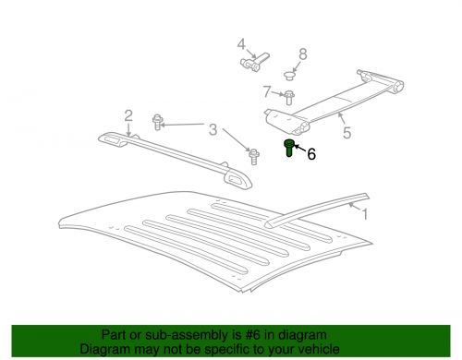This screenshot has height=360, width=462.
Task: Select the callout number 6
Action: pos(311,155)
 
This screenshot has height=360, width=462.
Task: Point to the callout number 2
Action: pos(128,115)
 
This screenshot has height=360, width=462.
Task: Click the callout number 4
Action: pos(241,44)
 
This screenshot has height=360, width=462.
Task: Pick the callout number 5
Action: pos(346,132)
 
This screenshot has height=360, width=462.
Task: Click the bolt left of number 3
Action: pos(159,120)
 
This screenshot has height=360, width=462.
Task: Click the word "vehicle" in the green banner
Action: pos(315,350)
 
